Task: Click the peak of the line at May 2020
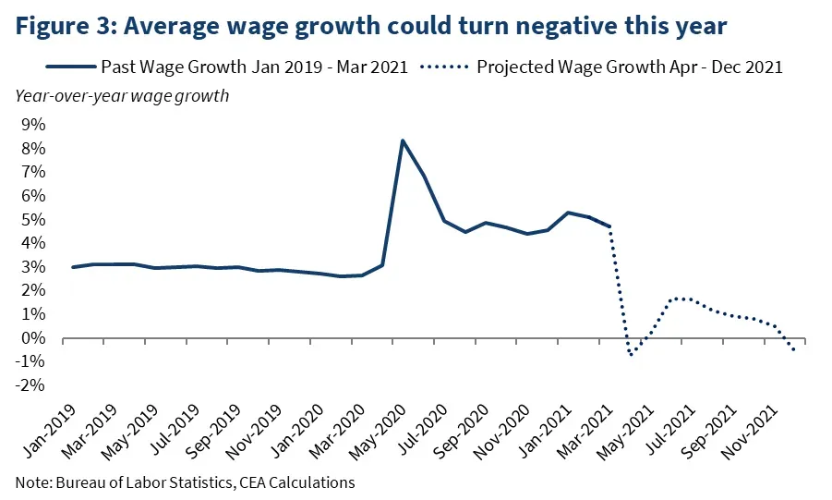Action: pos(403,140)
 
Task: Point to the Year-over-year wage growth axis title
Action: pos(121,94)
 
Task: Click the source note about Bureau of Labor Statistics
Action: pos(185,482)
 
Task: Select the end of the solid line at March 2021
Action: pos(609,226)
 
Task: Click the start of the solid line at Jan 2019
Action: pos(73,267)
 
